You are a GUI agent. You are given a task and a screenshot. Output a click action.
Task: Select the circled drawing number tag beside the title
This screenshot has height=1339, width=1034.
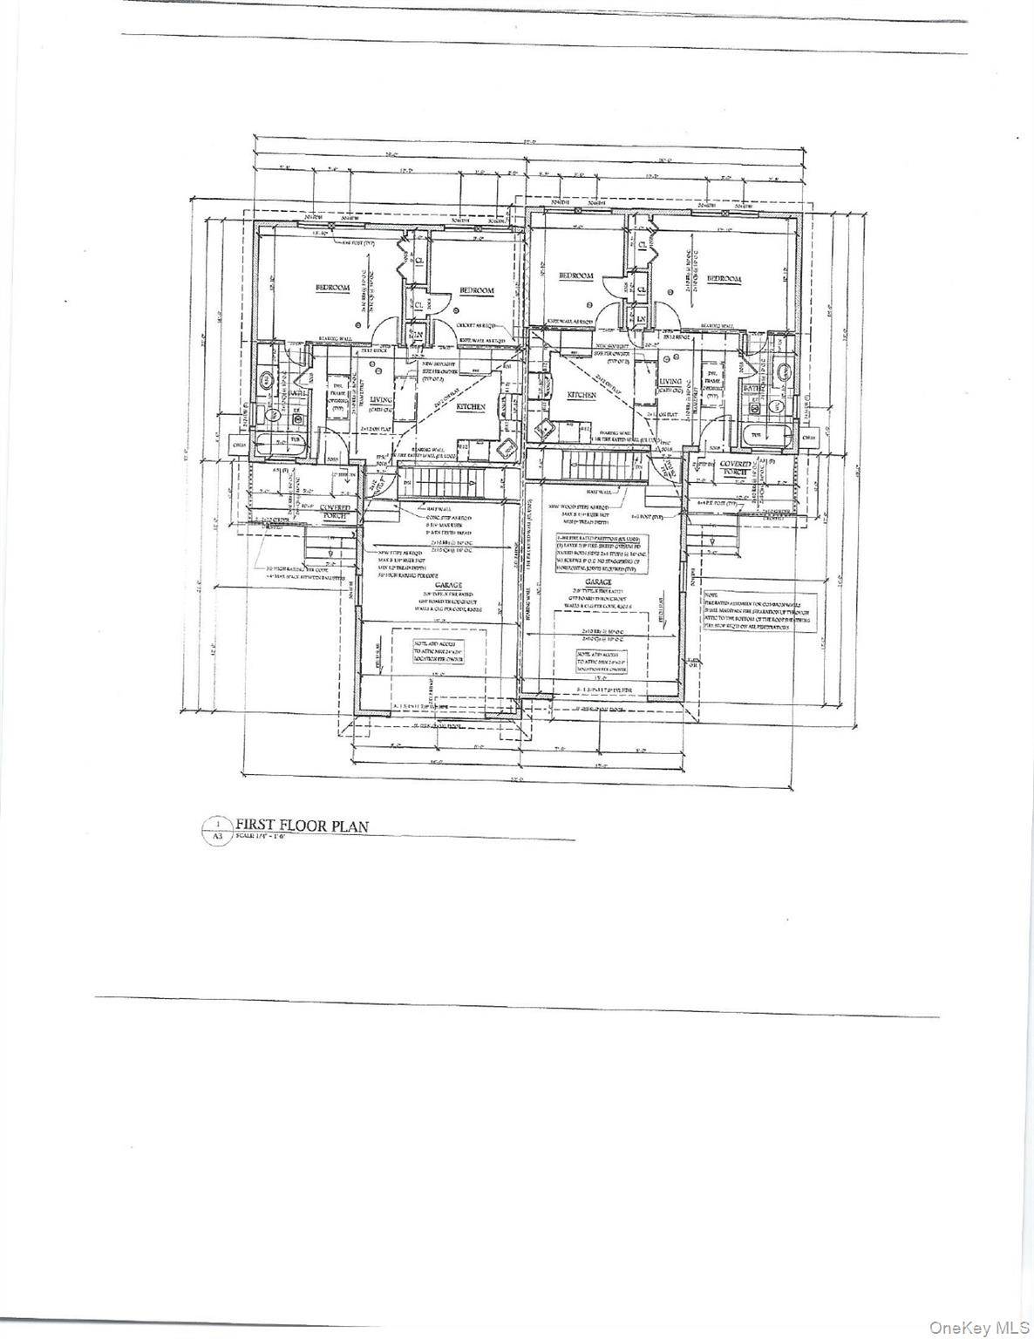217,823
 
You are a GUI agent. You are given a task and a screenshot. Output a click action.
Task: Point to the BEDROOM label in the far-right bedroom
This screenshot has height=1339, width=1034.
724,279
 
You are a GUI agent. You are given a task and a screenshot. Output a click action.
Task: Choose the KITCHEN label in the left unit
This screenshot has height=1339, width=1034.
471,406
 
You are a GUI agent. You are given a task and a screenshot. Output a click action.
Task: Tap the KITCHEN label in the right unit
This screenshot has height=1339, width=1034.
582,395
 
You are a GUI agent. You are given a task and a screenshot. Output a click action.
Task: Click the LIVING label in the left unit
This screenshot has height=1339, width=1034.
381,399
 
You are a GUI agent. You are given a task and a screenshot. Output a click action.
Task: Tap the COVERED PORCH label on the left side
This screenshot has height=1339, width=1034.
335,510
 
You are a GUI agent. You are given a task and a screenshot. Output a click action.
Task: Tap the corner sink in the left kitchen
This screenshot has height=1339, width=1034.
503,450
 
